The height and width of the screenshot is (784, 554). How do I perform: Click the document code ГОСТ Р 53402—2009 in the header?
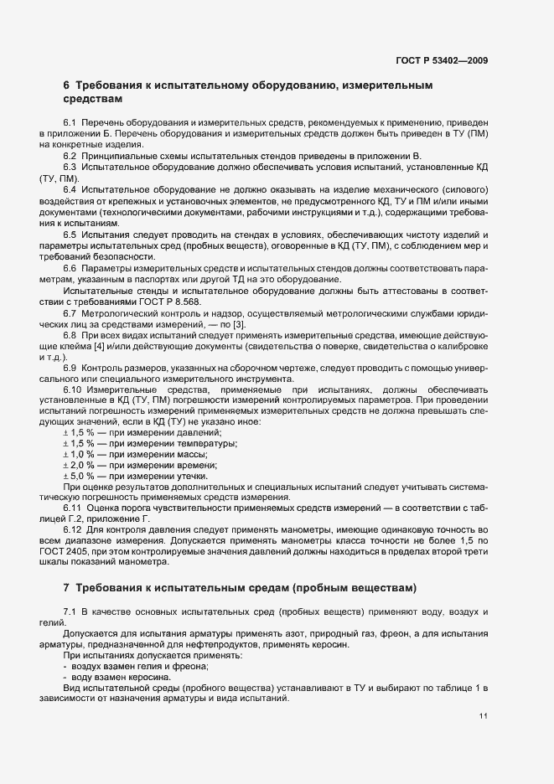click(x=441, y=60)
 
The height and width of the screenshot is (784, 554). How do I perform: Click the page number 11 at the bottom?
click(x=484, y=716)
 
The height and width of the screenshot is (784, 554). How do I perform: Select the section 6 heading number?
click(x=66, y=85)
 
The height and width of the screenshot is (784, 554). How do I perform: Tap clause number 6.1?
click(x=70, y=122)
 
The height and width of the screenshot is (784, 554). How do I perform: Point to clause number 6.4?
click(x=70, y=190)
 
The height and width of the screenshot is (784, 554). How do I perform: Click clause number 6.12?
click(x=73, y=530)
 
